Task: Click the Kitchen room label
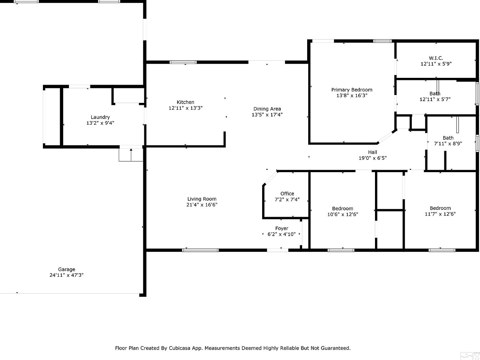185,102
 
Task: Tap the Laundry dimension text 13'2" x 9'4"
100,123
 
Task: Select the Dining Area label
267,109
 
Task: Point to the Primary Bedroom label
352,90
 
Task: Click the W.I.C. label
436,58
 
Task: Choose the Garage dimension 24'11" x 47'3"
66,275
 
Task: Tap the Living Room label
202,199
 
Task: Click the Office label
287,194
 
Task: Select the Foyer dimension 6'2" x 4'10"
281,234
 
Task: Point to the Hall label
372,152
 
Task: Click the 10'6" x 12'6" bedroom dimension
342,214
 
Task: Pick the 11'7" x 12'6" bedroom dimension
440,214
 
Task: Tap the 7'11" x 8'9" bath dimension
448,144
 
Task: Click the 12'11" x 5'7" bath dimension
435,99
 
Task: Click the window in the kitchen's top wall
183,62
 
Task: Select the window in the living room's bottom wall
200,250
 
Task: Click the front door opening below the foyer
277,250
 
